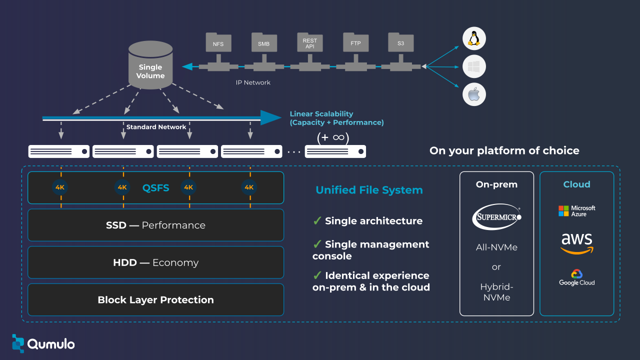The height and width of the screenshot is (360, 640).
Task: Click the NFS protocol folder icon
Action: tap(218, 42)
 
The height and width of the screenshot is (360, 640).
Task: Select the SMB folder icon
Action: tap(263, 42)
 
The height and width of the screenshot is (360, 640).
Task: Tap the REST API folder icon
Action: tap(310, 42)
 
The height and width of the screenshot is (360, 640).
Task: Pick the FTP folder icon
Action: tap(355, 42)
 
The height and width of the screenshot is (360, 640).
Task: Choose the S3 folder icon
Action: tap(400, 42)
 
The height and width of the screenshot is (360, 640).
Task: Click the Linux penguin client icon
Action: tap(474, 38)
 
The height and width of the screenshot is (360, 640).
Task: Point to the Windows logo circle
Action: tap(474, 66)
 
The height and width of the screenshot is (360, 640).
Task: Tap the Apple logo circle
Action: tap(474, 94)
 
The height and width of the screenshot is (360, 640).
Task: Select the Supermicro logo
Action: tap(496, 216)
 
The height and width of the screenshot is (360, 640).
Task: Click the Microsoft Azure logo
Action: tap(577, 211)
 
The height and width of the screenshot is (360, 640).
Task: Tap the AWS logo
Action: tap(577, 243)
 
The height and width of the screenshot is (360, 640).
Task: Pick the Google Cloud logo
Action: tap(577, 277)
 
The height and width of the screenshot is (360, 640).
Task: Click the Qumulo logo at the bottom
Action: tap(43, 343)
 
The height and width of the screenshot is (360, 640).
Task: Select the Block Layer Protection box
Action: tap(155, 300)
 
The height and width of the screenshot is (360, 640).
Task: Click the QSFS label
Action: tap(155, 188)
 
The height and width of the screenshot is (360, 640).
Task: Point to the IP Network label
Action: tap(253, 82)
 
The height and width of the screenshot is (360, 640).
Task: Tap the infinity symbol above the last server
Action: tap(338, 137)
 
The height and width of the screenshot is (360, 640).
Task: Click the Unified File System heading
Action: tap(369, 190)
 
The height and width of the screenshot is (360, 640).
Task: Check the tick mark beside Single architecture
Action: tap(317, 220)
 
